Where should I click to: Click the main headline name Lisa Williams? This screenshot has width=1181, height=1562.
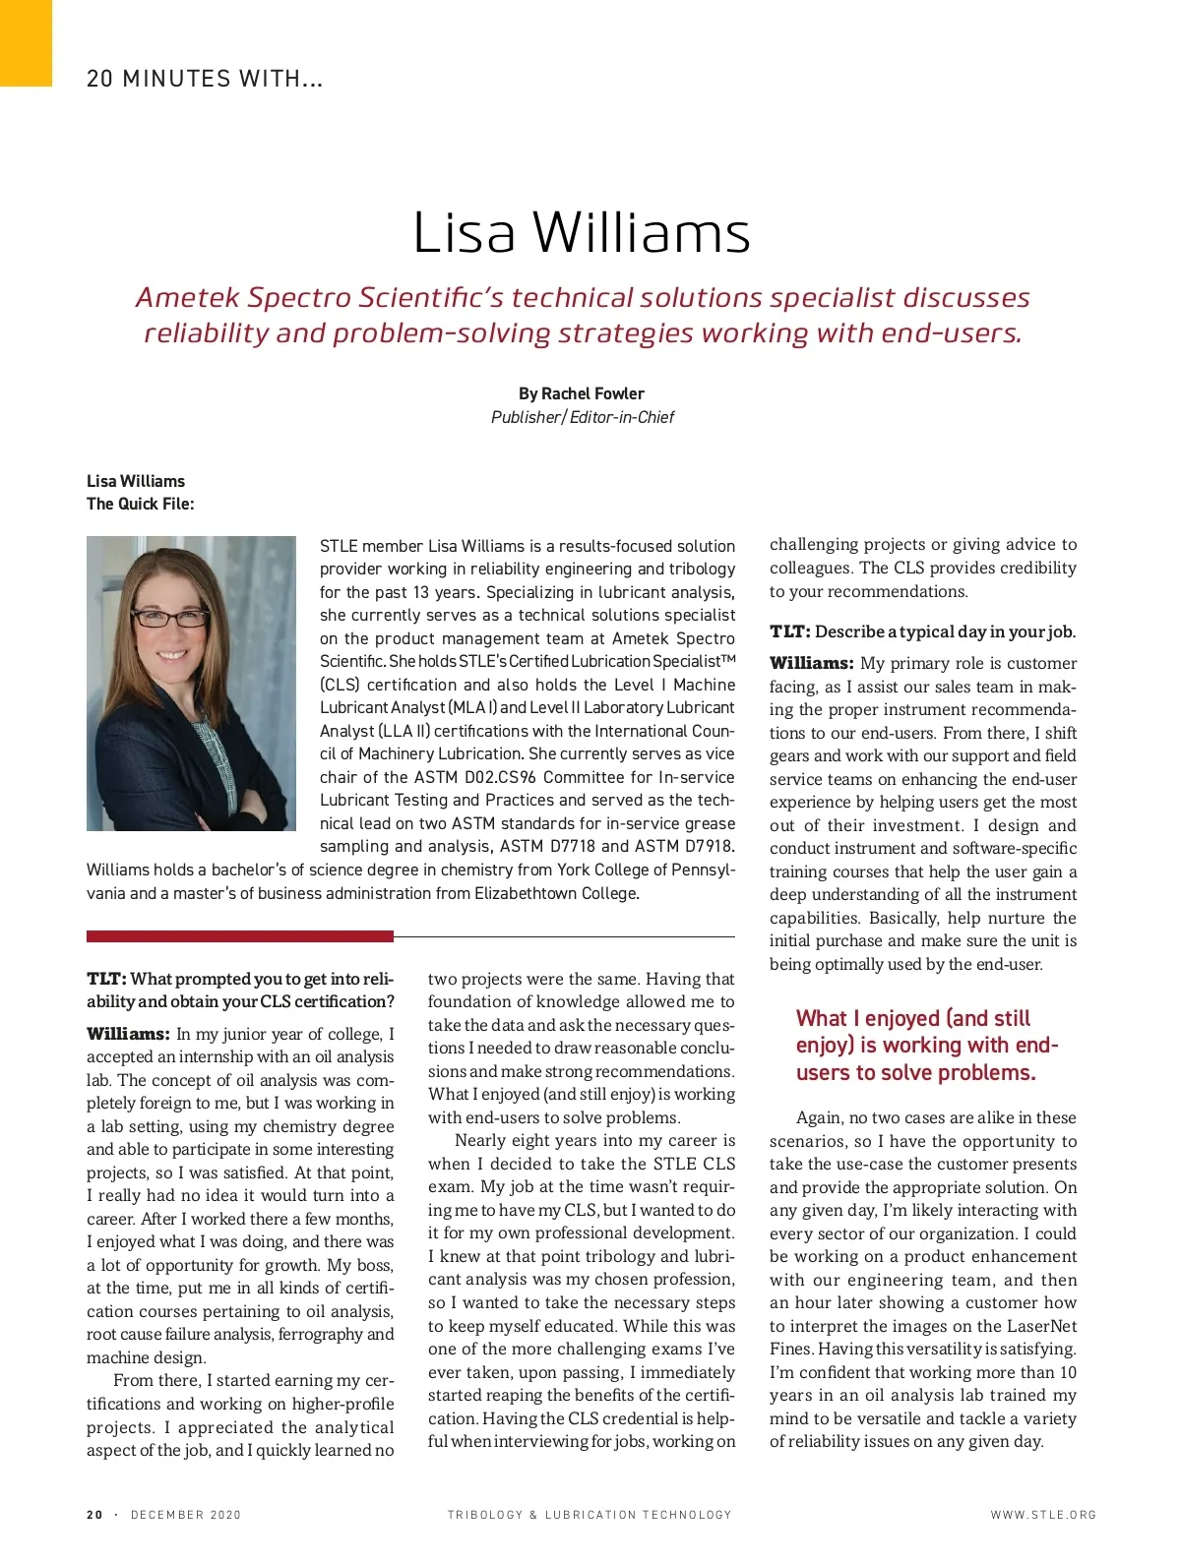coord(582,233)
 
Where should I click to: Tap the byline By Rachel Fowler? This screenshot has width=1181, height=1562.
coord(582,393)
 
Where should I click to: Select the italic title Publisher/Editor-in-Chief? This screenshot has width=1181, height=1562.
coord(583,417)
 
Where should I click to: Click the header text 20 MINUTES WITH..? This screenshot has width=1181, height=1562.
coord(205,79)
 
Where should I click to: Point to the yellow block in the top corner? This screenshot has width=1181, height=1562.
coord(26,42)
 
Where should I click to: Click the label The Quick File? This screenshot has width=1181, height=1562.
coord(141,504)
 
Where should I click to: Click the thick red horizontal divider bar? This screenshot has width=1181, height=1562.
coord(239,936)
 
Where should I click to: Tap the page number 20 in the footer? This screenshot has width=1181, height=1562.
coord(94,1515)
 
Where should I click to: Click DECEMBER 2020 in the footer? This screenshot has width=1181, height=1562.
coord(186,1515)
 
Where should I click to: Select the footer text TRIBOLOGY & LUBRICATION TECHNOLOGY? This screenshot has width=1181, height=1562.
coord(590,1515)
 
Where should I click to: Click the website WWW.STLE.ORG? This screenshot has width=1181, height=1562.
coord(1043,1515)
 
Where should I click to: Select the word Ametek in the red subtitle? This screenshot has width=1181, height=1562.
coord(189,297)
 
